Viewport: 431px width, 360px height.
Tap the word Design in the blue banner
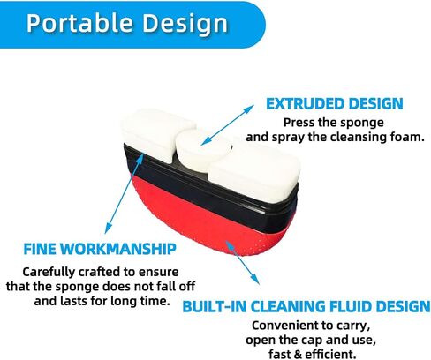(185, 24)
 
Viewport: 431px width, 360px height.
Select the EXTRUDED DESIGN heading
(335, 104)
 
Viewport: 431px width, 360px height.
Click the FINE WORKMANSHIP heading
(100, 249)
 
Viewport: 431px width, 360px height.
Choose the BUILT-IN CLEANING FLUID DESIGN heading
(306, 306)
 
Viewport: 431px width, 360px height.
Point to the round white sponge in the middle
(203, 148)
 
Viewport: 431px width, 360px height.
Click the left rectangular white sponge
(156, 134)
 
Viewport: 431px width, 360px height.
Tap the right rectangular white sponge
(254, 170)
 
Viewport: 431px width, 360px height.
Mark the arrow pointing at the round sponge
(227, 124)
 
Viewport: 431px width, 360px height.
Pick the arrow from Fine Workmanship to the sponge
(125, 193)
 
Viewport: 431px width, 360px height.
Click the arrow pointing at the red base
(242, 262)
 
